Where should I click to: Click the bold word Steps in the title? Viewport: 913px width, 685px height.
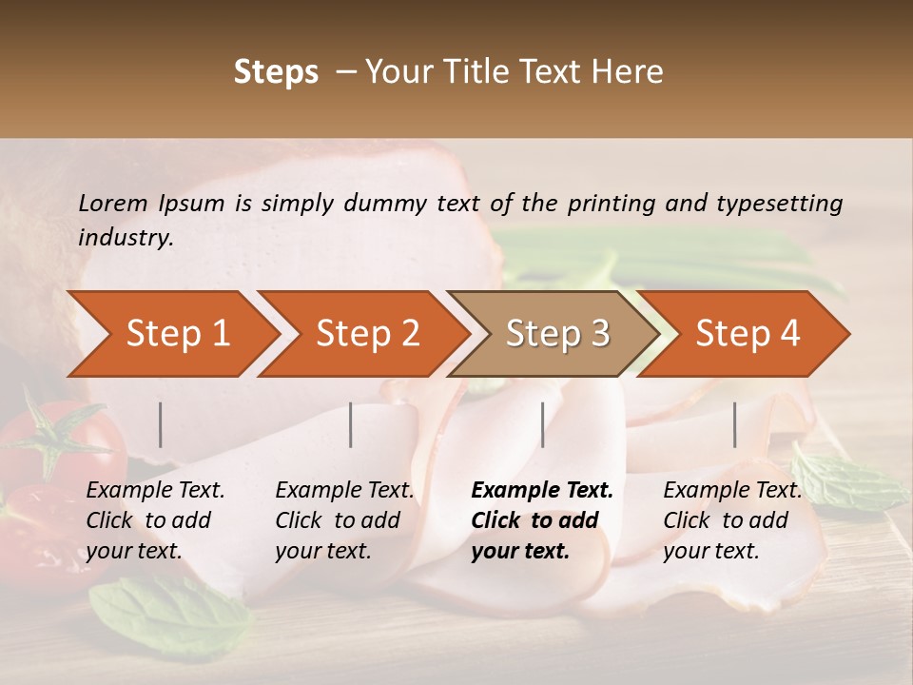tap(276, 72)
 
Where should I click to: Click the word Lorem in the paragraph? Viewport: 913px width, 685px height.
tap(113, 203)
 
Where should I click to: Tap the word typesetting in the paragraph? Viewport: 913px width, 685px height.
tap(779, 203)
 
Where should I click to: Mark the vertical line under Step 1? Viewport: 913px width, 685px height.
tap(161, 424)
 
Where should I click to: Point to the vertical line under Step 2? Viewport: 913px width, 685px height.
tap(351, 424)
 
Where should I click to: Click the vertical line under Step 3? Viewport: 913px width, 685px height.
tap(542, 424)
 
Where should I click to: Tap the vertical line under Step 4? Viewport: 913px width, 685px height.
tap(734, 424)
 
